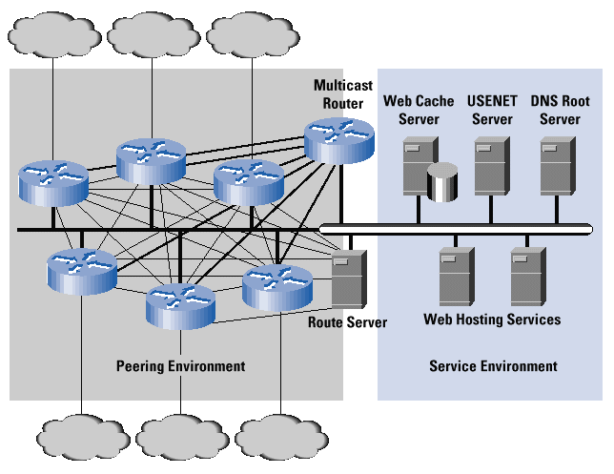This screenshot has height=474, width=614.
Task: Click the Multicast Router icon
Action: pos(338,140)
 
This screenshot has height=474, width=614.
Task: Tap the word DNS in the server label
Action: pos(544,101)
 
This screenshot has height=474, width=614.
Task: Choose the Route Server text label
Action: pos(347,322)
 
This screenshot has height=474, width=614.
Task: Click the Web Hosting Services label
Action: pos(492,319)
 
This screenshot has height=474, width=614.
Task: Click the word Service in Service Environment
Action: pos(451,366)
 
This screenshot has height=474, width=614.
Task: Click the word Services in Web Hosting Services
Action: pos(535,319)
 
